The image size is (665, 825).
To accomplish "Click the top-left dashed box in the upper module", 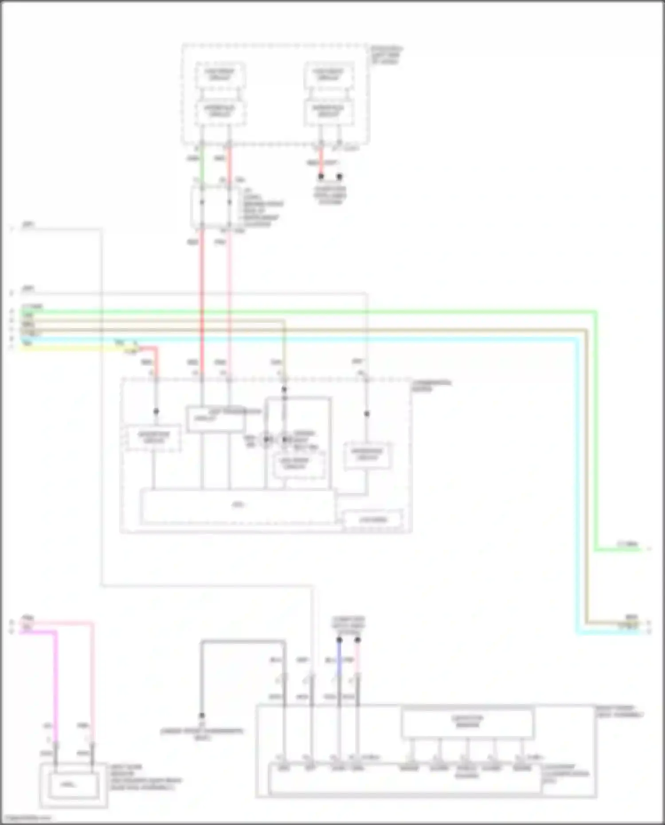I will pos(220,75).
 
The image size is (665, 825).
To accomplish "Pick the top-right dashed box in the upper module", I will pos(329,75).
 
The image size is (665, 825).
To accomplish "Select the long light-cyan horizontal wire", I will pos(310,339).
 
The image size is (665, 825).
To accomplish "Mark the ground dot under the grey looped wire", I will pos(202,716).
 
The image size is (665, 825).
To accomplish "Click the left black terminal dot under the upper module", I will pos(321,177).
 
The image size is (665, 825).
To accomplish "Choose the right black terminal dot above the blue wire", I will pos(358,640).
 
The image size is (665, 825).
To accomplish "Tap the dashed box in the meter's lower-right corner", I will pos(373,520).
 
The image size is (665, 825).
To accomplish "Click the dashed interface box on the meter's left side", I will pos(153,438).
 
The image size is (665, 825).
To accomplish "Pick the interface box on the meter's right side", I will pos(368,455).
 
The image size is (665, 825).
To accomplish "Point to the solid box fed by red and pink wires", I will pos(215,419).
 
